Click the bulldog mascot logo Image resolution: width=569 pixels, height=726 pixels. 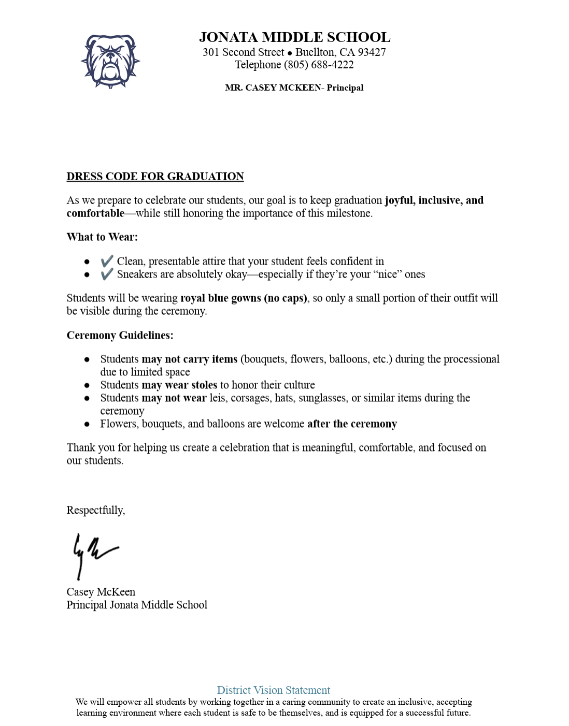click(x=110, y=61)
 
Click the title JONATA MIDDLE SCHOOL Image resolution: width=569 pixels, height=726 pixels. click(x=294, y=37)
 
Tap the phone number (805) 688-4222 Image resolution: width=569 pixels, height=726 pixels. click(x=319, y=65)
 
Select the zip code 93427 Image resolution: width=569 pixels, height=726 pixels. click(x=372, y=52)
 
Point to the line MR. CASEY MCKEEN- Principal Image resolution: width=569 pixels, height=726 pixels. click(x=294, y=88)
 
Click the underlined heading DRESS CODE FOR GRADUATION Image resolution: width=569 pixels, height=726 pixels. click(x=155, y=177)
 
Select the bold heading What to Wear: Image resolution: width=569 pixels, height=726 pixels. click(x=102, y=237)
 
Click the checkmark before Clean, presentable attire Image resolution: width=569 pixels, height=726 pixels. click(x=107, y=261)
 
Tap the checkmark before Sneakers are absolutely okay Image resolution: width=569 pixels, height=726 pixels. click(x=107, y=274)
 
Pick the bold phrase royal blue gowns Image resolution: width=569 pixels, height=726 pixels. click(x=221, y=298)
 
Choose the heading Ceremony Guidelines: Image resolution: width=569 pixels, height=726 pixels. click(x=120, y=336)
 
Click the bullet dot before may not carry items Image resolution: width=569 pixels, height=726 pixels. click(x=87, y=359)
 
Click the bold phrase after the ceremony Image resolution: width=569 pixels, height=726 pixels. click(x=352, y=424)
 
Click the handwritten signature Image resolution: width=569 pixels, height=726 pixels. click(x=93, y=554)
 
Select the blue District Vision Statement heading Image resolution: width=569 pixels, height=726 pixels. click(x=273, y=690)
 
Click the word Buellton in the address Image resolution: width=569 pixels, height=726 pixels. click(x=315, y=52)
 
